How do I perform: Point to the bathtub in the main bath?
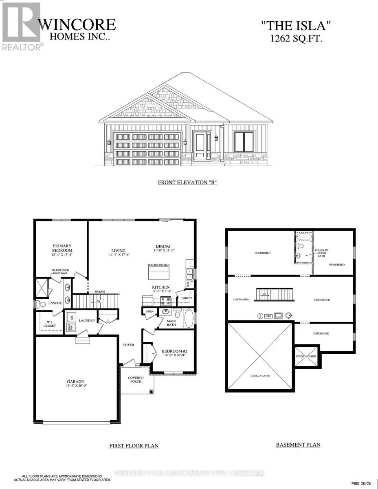(x=189, y=319)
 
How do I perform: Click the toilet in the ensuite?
(x=41, y=304)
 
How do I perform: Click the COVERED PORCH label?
(x=136, y=380)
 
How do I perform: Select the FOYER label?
(x=129, y=345)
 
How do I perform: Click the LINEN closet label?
(x=149, y=312)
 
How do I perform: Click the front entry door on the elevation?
(x=200, y=145)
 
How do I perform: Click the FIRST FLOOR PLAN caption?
(x=134, y=445)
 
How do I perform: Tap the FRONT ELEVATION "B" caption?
(x=187, y=182)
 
